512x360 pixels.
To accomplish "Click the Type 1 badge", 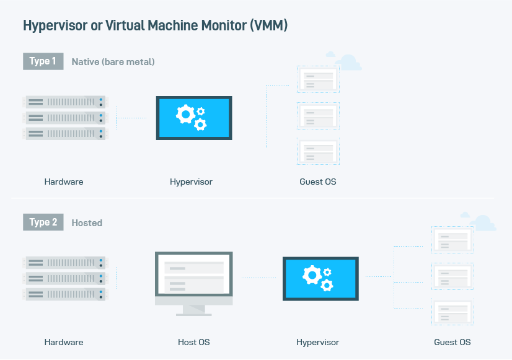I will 43,61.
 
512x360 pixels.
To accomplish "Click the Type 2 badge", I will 43,222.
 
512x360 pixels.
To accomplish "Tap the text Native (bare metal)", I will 113,62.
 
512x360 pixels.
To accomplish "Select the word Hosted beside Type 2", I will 87,223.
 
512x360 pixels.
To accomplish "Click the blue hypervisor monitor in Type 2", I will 320,278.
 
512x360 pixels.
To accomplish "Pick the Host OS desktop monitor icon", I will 193,279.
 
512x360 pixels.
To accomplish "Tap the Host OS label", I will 193,342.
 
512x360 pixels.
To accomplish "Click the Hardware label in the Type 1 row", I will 64,182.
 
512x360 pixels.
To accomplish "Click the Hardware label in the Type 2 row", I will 64,342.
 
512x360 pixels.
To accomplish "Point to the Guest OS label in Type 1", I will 317,182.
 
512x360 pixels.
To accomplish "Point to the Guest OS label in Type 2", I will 452,342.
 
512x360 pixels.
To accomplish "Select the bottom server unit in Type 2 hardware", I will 65,294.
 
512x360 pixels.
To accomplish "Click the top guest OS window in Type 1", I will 318,79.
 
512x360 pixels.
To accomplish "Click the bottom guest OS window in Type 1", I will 318,151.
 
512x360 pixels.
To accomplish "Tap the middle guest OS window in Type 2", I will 452,275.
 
